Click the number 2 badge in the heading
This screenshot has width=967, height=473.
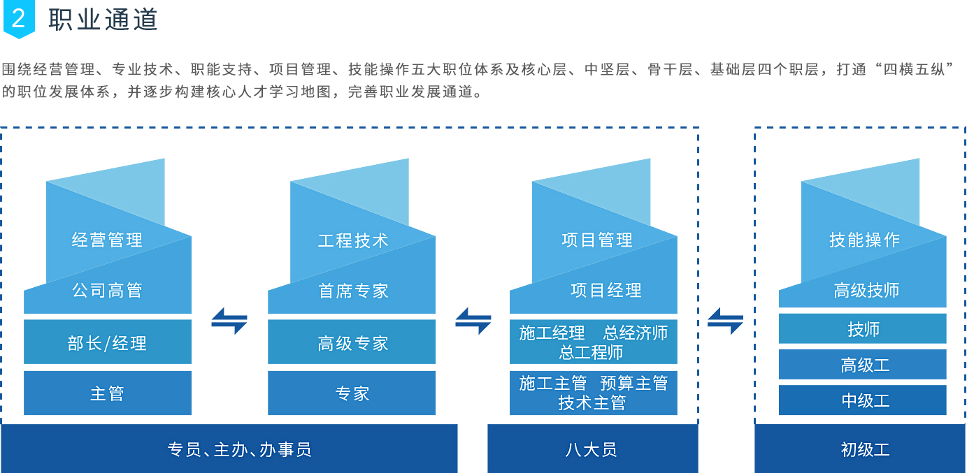pyautogui.click(x=18, y=20)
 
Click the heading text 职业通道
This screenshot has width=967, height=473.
pyautogui.click(x=103, y=20)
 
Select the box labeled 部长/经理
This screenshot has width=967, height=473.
pyautogui.click(x=107, y=342)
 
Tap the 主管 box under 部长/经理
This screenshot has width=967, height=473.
pyautogui.click(x=107, y=393)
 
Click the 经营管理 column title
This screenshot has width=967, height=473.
pyautogui.click(x=107, y=240)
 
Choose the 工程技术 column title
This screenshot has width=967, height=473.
pyautogui.click(x=352, y=240)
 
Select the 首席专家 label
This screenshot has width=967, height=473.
pyautogui.click(x=352, y=291)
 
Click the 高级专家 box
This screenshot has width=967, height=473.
pyautogui.click(x=352, y=342)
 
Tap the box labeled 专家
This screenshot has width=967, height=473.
pyautogui.click(x=352, y=393)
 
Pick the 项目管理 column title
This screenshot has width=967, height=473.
pyautogui.click(x=596, y=240)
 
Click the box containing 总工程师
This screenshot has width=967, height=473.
pyautogui.click(x=593, y=342)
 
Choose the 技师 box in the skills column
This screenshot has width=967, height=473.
pyautogui.click(x=863, y=329)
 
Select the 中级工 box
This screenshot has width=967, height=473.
pyautogui.click(x=863, y=400)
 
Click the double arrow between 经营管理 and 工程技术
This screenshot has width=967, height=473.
pyautogui.click(x=229, y=321)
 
